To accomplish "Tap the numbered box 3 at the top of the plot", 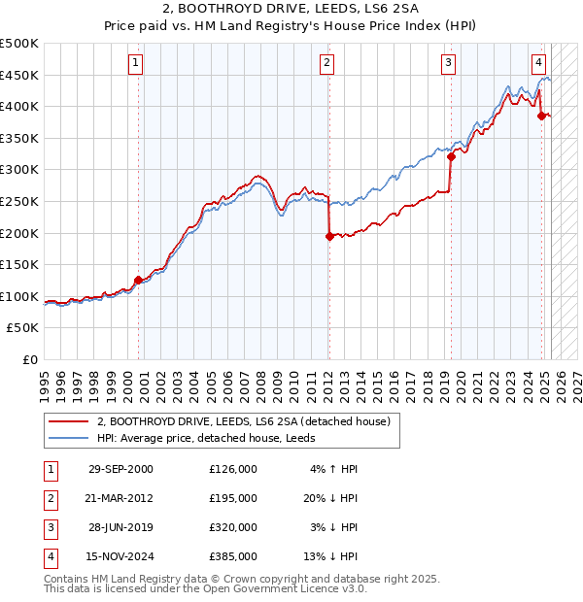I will (448, 64).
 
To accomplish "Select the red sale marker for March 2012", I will (329, 236).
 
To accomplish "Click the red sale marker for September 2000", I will (138, 280).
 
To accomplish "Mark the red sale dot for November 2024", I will (542, 116).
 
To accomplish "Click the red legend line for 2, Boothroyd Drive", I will (70, 421).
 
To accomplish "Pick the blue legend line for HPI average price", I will (70, 438).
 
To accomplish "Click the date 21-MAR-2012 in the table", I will (120, 497).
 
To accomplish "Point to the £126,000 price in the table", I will (233, 469).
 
